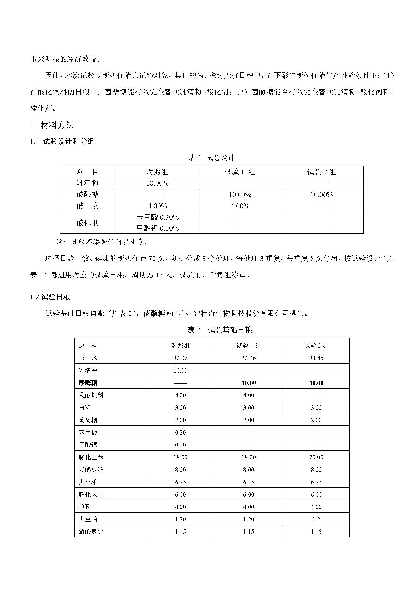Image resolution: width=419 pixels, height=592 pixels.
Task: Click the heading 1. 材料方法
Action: [52, 125]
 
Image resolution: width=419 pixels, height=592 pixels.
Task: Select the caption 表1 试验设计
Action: [212, 157]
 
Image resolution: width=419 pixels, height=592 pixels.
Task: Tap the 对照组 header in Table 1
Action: [157, 172]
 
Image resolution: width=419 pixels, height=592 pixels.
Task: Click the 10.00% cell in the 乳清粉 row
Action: [157, 183]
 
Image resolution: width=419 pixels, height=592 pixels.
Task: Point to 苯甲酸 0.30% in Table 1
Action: [157, 217]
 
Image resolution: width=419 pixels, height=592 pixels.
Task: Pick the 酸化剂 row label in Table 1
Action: [87, 222]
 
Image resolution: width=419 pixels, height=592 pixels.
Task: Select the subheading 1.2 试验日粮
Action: [50, 297]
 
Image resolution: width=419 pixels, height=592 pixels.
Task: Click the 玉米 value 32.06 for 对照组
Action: [180, 358]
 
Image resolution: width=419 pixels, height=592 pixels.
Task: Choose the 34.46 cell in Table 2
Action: [316, 358]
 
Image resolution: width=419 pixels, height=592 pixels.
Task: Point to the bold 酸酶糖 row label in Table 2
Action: [88, 383]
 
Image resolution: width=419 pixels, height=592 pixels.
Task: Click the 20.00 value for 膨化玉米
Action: [316, 457]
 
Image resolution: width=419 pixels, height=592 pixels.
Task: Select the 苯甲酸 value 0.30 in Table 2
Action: [180, 432]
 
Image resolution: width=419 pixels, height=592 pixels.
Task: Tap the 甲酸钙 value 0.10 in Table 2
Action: [180, 445]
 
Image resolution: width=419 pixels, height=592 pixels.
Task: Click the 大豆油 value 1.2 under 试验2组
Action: [316, 519]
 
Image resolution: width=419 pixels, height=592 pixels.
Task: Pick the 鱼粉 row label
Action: [85, 507]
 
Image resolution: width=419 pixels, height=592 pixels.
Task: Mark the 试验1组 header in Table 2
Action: [249, 345]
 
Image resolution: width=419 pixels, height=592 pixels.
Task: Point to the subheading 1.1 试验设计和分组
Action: [62, 141]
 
